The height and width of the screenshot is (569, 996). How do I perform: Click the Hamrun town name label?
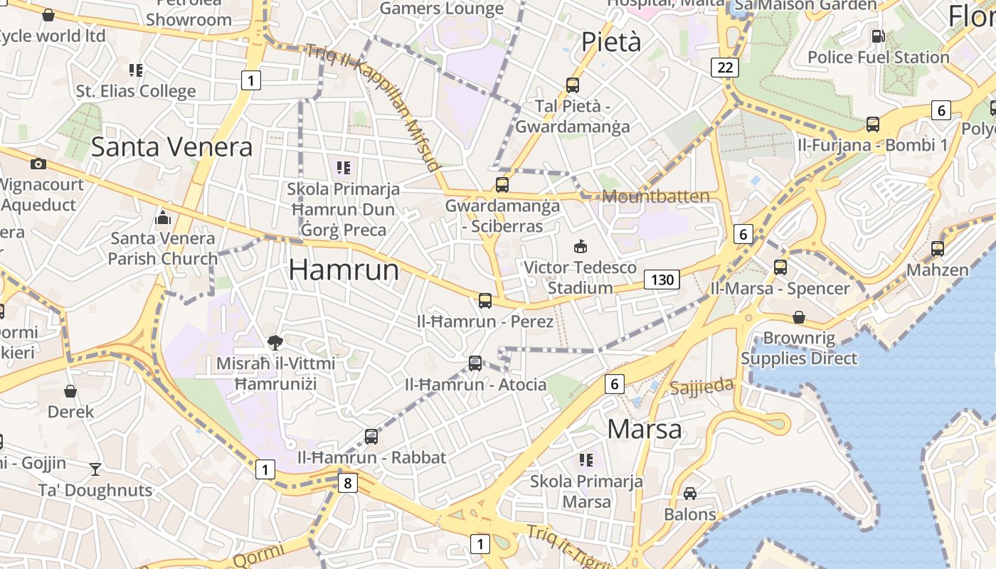click(x=344, y=270)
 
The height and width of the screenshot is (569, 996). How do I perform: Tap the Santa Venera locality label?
click(x=171, y=147)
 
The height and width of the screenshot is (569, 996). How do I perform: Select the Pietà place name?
click(x=611, y=42)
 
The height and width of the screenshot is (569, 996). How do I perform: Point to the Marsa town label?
click(x=645, y=430)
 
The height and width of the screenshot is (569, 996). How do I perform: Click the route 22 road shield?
click(x=725, y=68)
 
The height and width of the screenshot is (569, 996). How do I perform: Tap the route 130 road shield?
click(x=662, y=280)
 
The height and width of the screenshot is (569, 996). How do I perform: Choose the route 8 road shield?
click(x=347, y=484)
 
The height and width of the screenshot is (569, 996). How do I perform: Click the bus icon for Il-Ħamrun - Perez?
click(x=485, y=301)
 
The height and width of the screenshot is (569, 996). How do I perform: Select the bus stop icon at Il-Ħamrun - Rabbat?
click(x=371, y=437)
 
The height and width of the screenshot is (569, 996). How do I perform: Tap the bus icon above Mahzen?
click(x=938, y=249)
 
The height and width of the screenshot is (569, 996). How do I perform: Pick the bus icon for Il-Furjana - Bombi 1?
click(x=873, y=124)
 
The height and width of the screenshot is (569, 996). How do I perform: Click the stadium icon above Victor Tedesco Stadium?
click(x=580, y=247)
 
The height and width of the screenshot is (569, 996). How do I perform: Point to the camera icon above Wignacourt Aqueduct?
click(x=38, y=164)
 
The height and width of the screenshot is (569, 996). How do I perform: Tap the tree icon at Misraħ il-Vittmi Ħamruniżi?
click(x=275, y=343)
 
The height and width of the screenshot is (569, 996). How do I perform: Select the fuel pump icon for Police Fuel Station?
click(x=879, y=36)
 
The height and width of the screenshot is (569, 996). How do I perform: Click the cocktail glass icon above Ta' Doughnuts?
click(x=95, y=469)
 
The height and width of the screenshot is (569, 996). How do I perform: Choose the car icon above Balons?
click(x=689, y=493)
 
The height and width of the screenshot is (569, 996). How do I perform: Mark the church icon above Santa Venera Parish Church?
click(x=163, y=217)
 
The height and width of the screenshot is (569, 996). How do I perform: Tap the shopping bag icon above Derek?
click(x=70, y=391)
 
